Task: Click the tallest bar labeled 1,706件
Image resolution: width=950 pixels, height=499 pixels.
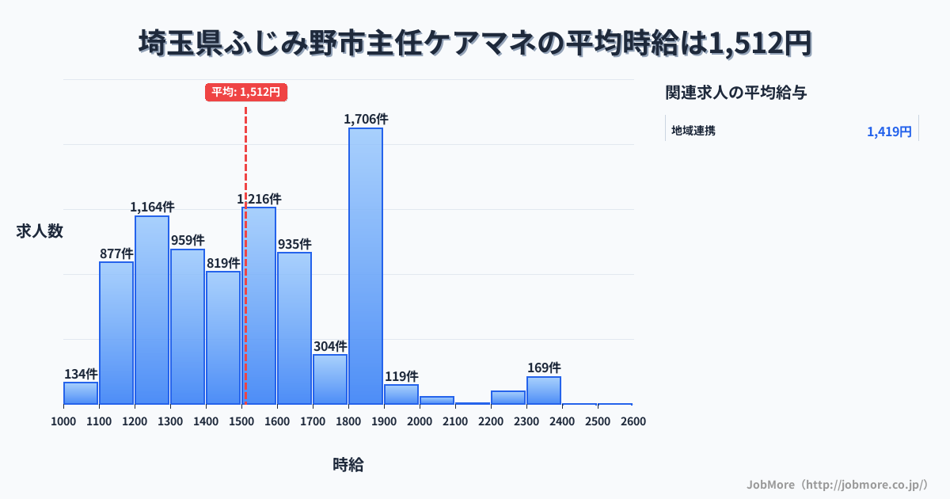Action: coord(366,265)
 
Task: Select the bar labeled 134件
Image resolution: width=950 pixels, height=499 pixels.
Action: coord(81,393)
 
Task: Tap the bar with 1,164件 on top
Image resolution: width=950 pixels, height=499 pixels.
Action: coord(152,310)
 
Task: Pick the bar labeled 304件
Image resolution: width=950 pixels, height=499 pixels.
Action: coord(330,379)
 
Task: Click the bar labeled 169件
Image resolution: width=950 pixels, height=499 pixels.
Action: coord(544,390)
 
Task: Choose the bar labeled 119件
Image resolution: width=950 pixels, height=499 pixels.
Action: coord(401,394)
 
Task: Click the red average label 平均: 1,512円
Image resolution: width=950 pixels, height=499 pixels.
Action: coord(245,92)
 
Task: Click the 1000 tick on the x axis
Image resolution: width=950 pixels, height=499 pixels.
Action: coord(63,421)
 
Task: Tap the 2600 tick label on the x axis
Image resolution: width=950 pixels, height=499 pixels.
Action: coord(633,421)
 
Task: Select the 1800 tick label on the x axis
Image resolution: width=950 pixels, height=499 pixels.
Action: coord(348,421)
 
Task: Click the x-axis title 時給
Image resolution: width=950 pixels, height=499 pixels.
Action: coord(348,465)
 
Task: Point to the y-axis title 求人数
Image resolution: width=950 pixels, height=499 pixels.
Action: coord(40,231)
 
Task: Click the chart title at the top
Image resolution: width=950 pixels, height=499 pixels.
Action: coord(475,44)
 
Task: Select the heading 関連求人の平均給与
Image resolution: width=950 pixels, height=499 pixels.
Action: coord(736,93)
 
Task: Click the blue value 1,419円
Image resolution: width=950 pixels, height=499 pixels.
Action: coord(889,131)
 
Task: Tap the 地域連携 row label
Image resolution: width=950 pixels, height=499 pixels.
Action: coord(693,131)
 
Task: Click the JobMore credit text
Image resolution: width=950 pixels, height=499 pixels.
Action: coord(837,484)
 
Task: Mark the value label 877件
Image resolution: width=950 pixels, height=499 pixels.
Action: coord(116,253)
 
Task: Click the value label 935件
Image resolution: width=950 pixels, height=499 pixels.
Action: coord(294,244)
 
